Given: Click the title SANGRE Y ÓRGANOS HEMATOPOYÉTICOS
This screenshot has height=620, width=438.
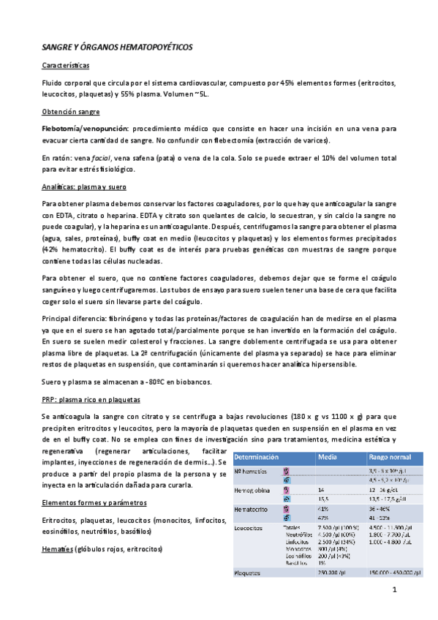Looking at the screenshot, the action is point(117,46).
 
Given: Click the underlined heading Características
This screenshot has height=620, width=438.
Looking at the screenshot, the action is point(68,66).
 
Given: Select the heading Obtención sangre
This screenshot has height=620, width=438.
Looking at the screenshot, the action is point(75,111).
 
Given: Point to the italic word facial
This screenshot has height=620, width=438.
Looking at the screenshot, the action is point(122,157).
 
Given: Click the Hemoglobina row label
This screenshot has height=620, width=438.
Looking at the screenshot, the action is point(252,489).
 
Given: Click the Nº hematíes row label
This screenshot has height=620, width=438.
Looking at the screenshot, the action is point(252,472).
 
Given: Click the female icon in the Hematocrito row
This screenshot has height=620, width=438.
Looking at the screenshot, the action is point(287,507).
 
